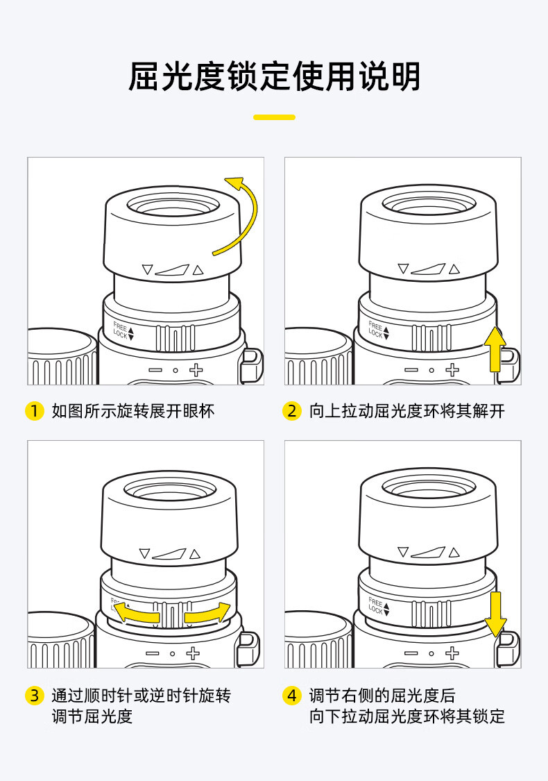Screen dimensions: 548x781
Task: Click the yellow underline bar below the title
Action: [x=274, y=117]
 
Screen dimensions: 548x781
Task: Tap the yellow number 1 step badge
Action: [x=35, y=411]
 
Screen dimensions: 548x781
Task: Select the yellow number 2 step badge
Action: [x=291, y=411]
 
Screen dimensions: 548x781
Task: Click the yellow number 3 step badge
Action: [x=35, y=695]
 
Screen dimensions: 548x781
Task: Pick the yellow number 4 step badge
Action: [x=291, y=695]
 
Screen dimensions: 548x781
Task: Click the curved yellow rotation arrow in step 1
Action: [x=254, y=215]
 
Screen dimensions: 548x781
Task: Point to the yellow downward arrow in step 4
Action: [x=496, y=614]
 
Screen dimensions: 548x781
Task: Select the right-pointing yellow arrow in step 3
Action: [x=207, y=612]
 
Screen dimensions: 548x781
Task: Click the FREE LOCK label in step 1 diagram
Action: [x=123, y=330]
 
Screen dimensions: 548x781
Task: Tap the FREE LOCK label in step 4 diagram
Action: [x=379, y=605]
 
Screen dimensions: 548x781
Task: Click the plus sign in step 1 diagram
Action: [x=196, y=369]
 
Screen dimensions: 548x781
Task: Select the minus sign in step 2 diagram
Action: [x=411, y=370]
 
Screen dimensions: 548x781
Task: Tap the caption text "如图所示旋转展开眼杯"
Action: [x=133, y=411]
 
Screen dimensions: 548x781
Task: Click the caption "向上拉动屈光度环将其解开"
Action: [x=407, y=411]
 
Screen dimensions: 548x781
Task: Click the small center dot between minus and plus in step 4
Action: [x=431, y=653]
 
